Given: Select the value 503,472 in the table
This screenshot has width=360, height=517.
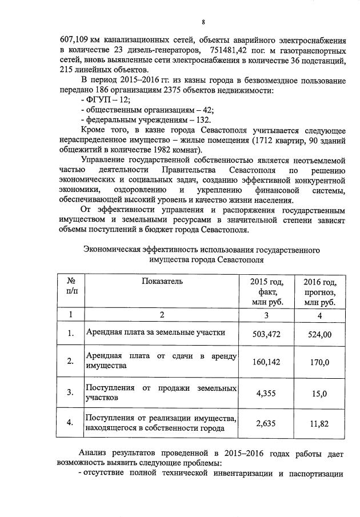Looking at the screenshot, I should pos(266,334).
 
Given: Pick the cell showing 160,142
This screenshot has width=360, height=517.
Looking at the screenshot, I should pos(266,362).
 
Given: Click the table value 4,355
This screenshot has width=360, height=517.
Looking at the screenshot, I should pos(266,393).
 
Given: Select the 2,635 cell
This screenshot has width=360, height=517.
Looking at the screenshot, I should pos(266,423).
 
